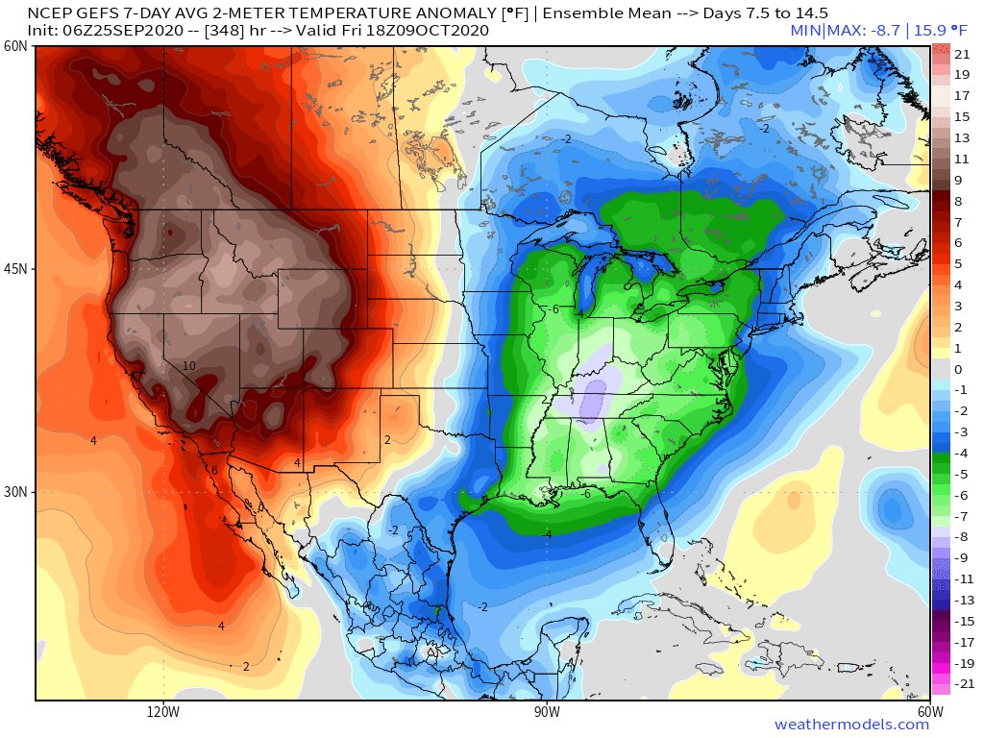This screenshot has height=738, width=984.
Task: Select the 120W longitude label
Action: [x=163, y=712]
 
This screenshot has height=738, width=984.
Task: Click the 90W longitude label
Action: [x=547, y=712]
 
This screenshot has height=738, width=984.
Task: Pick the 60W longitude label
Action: [x=928, y=712]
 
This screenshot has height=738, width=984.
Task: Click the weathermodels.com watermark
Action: [x=851, y=725]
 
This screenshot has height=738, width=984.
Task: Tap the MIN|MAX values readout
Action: [x=859, y=31]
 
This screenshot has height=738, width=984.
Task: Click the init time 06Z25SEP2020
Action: [x=108, y=31]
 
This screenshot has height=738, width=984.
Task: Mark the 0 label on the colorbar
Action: [x=958, y=369]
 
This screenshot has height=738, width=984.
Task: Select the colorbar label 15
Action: [x=962, y=116]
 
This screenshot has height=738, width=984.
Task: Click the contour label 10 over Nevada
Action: [x=189, y=366]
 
